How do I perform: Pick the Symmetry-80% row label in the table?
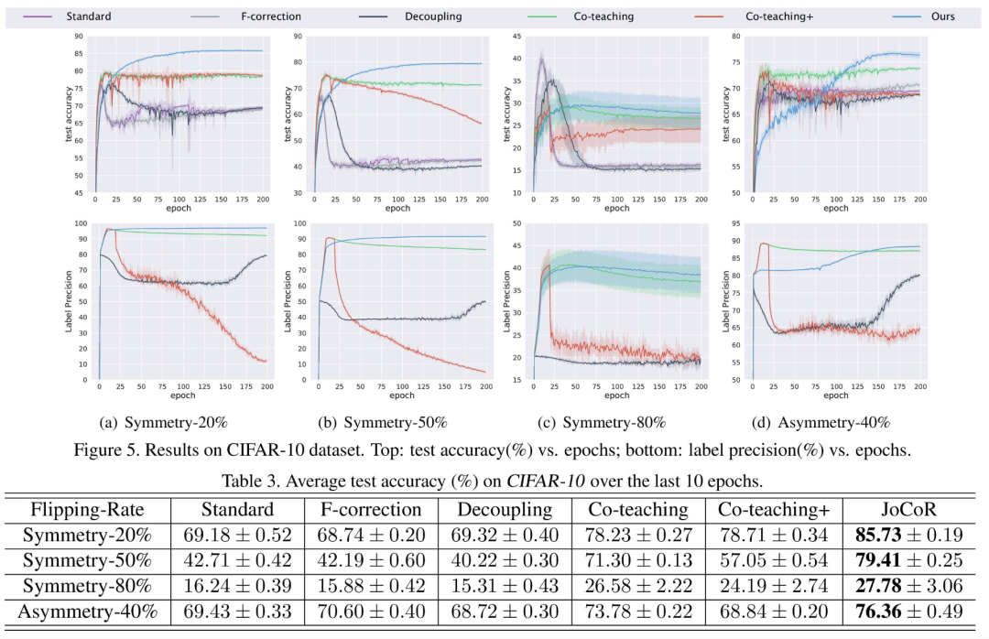[88, 585]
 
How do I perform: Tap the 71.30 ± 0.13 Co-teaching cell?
[637, 560]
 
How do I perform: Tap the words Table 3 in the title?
[253, 479]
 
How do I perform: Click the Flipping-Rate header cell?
[88, 510]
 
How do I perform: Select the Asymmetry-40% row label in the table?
[88, 611]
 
